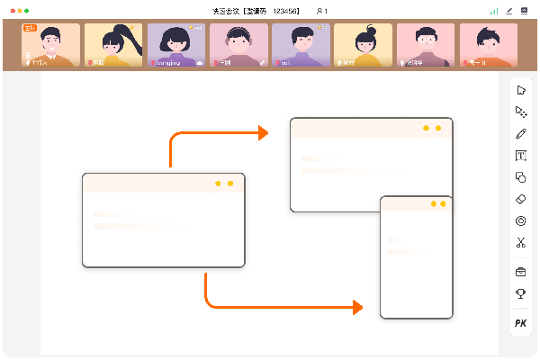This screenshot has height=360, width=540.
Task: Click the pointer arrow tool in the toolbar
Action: [x=520, y=90]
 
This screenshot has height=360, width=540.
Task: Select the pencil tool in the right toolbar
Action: [x=520, y=133]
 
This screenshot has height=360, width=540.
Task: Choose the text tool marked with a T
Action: [x=520, y=156]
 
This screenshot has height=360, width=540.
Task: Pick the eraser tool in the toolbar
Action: [x=520, y=199]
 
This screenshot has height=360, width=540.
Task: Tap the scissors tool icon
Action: [x=520, y=242]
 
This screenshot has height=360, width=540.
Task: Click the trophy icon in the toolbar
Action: [x=520, y=293]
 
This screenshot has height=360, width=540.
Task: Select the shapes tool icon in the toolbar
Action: [x=520, y=177]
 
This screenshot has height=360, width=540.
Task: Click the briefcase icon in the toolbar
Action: [x=520, y=272]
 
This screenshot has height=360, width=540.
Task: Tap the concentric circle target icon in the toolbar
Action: [x=520, y=220]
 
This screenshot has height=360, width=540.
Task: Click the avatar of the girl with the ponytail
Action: [x=112, y=45]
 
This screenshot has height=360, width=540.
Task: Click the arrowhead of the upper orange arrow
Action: [x=264, y=133]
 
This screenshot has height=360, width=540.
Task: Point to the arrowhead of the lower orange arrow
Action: [x=358, y=307]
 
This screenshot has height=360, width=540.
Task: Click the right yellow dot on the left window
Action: [x=230, y=184]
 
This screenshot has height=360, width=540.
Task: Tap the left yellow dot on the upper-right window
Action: [x=426, y=128]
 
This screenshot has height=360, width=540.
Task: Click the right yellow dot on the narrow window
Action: [x=443, y=204]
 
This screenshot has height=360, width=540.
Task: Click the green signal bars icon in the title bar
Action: [x=494, y=11]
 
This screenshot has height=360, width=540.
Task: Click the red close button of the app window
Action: [x=13, y=10]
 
